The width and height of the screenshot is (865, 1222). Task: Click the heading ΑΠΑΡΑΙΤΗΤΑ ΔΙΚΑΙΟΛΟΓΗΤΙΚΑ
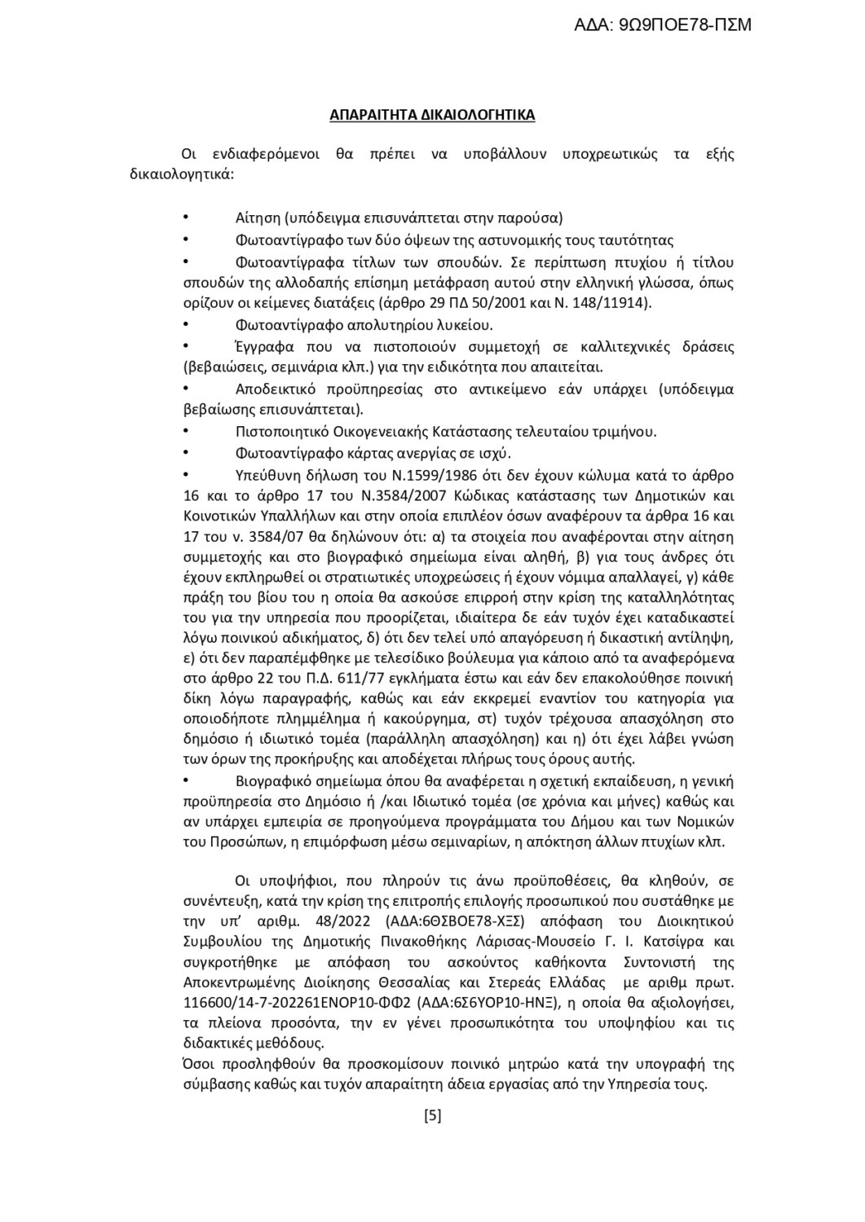[432, 115]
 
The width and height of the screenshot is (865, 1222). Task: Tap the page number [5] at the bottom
[433, 1116]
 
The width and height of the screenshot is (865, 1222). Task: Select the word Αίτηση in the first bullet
[258, 218]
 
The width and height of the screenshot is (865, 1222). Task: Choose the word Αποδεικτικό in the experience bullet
[273, 389]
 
